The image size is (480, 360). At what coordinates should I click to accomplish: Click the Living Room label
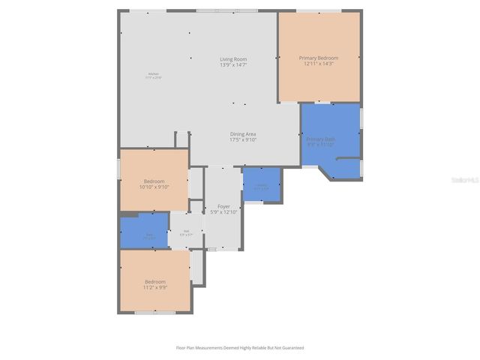pos(233,59)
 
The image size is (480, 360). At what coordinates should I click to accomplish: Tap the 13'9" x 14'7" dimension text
pos(233,65)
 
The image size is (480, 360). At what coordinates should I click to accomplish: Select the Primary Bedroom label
pos(319,58)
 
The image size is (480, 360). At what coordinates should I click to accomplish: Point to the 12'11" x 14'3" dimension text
pos(319,64)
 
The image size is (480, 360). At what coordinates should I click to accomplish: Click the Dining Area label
pos(243,133)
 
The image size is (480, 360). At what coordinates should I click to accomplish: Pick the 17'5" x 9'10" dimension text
pos(243,139)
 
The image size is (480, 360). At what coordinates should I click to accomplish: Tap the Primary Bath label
pos(320,139)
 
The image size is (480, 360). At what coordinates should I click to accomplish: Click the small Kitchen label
pos(154,73)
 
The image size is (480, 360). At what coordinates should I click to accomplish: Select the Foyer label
pos(223,205)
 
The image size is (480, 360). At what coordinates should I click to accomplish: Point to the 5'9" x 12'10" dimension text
pos(223,211)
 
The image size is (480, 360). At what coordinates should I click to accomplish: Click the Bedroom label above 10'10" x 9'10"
pos(154,181)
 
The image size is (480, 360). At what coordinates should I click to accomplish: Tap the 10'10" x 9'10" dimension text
pos(154,187)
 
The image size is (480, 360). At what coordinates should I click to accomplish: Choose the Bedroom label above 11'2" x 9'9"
pos(155,281)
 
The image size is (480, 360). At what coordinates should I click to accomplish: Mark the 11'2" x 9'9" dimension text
pos(155,287)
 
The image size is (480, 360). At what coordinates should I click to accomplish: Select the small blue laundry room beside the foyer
pos(262,184)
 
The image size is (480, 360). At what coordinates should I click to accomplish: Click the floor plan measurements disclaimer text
pos(240,347)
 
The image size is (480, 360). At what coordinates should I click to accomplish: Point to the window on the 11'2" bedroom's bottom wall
pos(154,312)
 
